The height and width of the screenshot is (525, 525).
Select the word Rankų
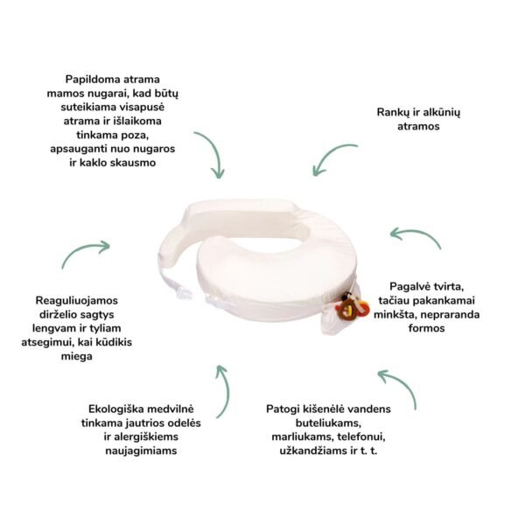(393, 113)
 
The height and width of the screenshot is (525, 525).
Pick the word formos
(427, 328)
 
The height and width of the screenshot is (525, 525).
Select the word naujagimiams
(141, 451)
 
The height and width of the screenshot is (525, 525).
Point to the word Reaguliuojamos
(77, 301)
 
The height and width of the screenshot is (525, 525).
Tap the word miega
(77, 356)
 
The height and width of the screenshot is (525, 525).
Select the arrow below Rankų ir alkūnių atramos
(330, 155)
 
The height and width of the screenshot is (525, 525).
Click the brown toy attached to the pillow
(346, 310)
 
